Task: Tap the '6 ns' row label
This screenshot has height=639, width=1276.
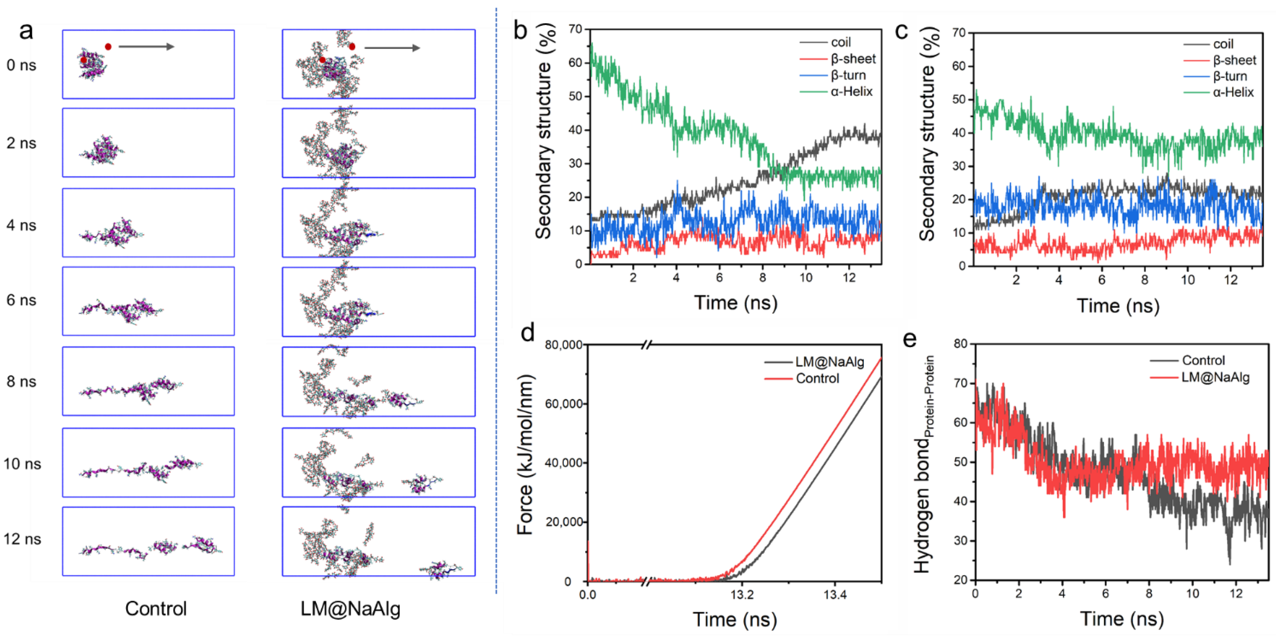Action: click(x=21, y=300)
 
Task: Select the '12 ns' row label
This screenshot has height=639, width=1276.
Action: click(x=22, y=539)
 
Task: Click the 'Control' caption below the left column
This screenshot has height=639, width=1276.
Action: click(x=156, y=608)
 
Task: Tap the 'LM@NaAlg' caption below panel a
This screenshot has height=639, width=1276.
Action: click(x=350, y=608)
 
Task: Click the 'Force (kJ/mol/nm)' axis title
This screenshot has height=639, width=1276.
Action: click(x=525, y=455)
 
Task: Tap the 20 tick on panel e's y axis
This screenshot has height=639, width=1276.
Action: click(x=961, y=580)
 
